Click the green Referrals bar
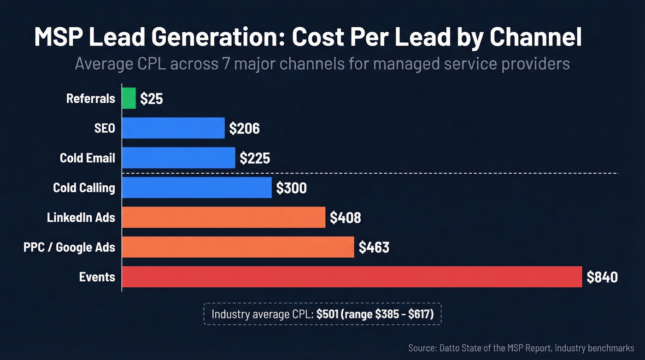[129, 98]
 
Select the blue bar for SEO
[173, 128]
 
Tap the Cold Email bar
[179, 158]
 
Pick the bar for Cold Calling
[197, 188]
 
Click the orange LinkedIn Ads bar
[224, 217]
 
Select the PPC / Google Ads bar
[238, 247]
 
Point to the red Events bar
[352, 277]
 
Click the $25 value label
[152, 99]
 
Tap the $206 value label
[244, 128]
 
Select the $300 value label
[291, 188]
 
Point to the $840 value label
[602, 277]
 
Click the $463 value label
[374, 248]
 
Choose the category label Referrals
[91, 98]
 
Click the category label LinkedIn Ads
[81, 217]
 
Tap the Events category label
[97, 277]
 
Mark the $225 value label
[255, 158]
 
